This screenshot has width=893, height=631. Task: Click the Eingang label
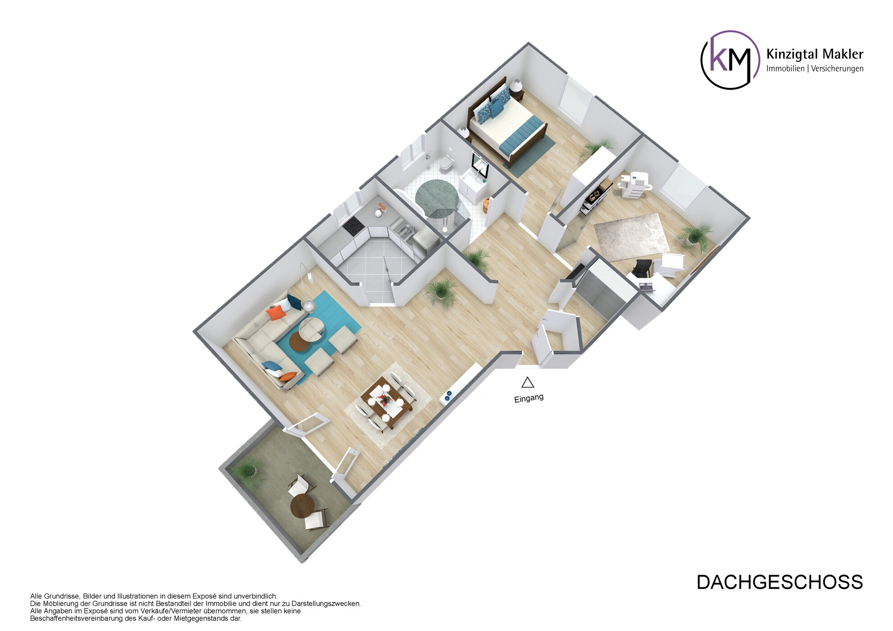(529, 398)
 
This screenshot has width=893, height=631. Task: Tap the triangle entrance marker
(528, 383)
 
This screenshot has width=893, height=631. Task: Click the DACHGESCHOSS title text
(779, 582)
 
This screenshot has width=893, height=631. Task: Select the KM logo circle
(730, 60)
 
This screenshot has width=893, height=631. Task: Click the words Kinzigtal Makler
(815, 55)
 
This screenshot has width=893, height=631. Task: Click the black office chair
(642, 269)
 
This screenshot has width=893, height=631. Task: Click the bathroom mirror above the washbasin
(479, 164)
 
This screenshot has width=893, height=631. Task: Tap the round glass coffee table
(311, 329)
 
